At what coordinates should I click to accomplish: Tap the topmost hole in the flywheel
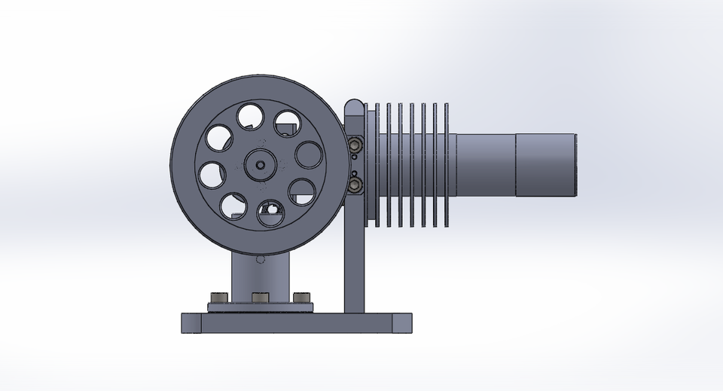pyautogui.click(x=249, y=116)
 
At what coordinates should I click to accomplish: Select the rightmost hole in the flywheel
pyautogui.click(x=308, y=155)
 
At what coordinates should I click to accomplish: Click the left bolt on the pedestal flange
pyautogui.click(x=218, y=299)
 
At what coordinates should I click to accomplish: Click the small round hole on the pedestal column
pyautogui.click(x=260, y=260)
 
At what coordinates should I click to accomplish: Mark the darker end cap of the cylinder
pyautogui.click(x=545, y=163)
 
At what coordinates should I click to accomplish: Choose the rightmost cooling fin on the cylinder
pyautogui.click(x=447, y=163)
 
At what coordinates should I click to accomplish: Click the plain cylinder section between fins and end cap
pyautogui.click(x=485, y=163)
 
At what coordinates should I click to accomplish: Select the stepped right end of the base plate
pyautogui.click(x=402, y=322)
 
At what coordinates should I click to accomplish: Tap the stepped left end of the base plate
pyautogui.click(x=191, y=322)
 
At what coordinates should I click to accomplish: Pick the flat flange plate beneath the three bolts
pyautogui.click(x=260, y=307)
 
